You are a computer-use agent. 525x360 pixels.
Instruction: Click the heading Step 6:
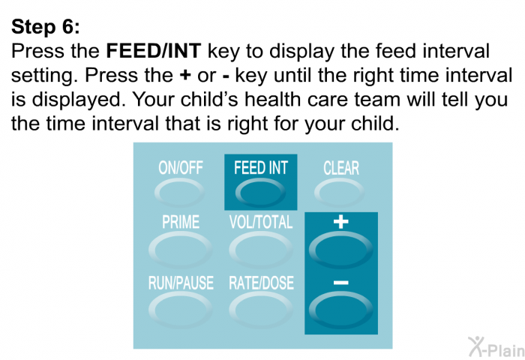(46, 26)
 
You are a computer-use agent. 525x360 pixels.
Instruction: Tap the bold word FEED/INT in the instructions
(153, 51)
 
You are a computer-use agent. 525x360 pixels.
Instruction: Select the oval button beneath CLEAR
(339, 193)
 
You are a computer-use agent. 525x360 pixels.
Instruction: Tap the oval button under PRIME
(180, 250)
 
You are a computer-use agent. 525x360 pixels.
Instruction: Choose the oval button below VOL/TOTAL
(261, 250)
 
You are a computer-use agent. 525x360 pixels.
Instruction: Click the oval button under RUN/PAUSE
(180, 310)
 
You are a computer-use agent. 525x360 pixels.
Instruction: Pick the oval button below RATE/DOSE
(261, 310)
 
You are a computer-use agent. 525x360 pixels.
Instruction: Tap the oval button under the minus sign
(340, 310)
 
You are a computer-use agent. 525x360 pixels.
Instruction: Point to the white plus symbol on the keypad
(340, 222)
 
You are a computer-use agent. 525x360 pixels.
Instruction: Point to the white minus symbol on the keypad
(340, 283)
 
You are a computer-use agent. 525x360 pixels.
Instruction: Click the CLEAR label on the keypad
(340, 168)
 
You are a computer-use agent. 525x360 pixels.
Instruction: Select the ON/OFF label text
(181, 167)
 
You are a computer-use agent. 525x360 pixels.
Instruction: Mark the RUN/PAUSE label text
(181, 283)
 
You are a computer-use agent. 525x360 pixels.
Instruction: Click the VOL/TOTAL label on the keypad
(261, 222)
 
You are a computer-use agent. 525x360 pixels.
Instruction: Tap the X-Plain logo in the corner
(496, 346)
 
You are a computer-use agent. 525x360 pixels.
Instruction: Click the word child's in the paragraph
(212, 100)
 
